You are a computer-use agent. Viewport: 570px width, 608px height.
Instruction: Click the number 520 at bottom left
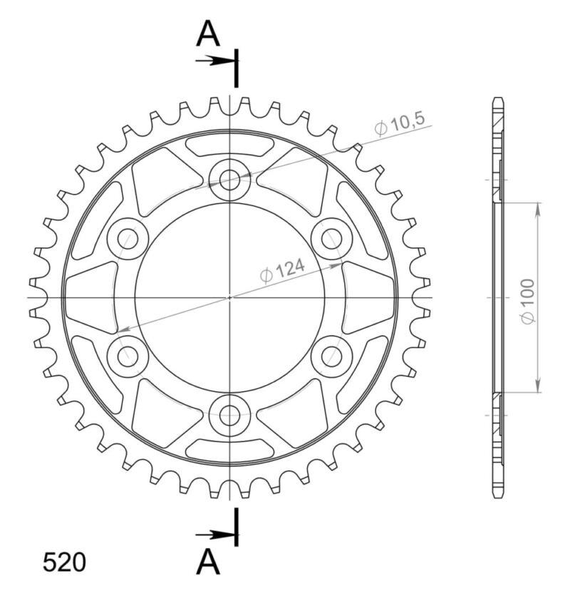pos(64,562)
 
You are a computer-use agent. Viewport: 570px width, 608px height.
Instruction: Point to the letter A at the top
pos(207,33)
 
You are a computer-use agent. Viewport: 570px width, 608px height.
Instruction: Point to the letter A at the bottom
pos(207,562)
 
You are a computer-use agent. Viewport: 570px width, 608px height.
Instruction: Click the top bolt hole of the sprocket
pos(229,180)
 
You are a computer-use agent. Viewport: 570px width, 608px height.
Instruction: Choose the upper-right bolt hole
pos(331,238)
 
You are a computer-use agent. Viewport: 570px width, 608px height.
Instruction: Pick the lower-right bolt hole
pos(331,355)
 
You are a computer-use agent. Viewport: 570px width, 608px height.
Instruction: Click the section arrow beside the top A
pos(214,60)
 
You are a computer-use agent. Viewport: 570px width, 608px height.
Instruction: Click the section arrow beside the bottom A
pos(214,534)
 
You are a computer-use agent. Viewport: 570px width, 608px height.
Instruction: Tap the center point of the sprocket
pos(229,297)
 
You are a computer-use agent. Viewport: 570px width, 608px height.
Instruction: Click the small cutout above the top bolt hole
pos(229,145)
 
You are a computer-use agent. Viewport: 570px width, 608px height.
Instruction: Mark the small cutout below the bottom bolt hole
pos(229,448)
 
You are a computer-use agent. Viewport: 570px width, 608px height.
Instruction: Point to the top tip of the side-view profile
pos(497,98)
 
